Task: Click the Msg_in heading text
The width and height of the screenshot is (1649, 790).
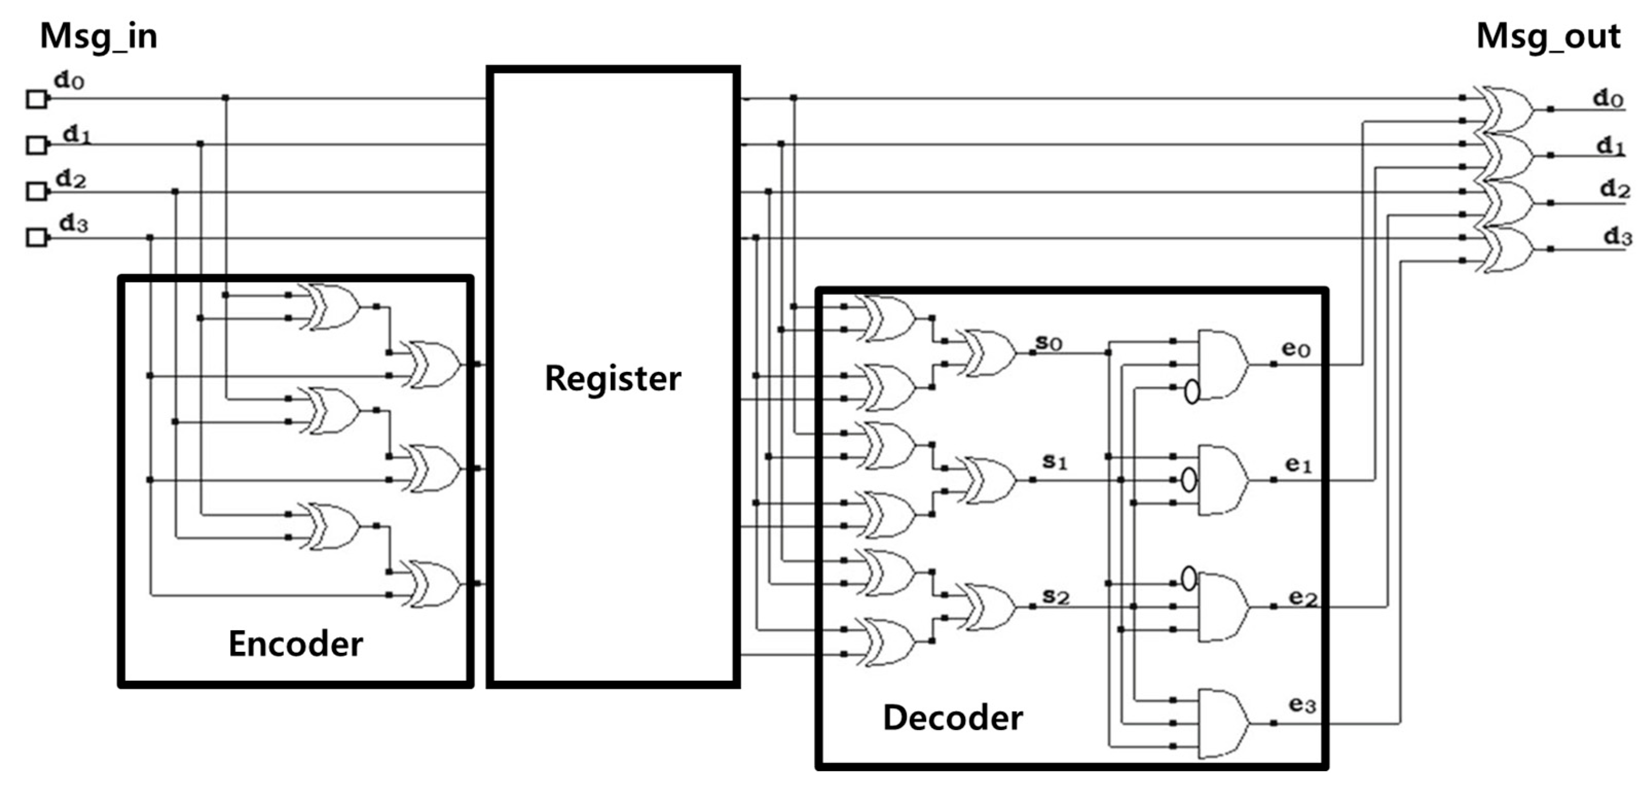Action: click(99, 36)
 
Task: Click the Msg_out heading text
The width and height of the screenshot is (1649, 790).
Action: click(1548, 36)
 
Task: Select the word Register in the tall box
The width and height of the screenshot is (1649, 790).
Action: click(613, 378)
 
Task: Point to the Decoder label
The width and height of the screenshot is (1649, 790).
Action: click(953, 718)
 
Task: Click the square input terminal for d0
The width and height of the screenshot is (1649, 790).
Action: click(36, 100)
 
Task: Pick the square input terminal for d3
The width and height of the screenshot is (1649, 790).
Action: click(36, 238)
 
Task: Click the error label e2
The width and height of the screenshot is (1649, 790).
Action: click(1303, 597)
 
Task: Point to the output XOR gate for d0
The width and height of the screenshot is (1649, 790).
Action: click(1508, 109)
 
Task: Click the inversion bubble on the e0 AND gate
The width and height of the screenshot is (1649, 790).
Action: click(1191, 391)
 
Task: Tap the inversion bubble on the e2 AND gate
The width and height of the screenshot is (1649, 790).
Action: click(1189, 578)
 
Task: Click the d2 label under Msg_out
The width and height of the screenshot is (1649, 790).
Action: click(1615, 190)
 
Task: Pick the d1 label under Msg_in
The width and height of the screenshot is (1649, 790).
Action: click(77, 136)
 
